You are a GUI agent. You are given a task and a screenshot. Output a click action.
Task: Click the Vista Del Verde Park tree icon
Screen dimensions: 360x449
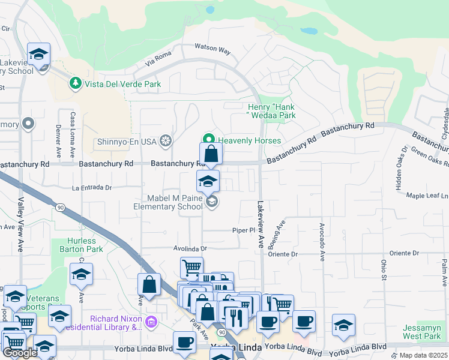coord(76,83)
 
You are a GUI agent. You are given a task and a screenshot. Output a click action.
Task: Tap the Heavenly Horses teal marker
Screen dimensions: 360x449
coord(209,140)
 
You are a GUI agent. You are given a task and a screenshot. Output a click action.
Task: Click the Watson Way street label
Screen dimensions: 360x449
coord(212,49)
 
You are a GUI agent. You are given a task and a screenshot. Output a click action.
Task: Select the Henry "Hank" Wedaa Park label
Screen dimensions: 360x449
coord(272,111)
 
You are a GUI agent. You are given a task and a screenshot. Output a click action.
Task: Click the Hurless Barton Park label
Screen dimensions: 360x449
coord(82,245)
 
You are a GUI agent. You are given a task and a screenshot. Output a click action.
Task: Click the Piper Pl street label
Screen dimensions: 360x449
coord(244,230)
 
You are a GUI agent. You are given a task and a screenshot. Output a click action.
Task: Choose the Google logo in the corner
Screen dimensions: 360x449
coord(20,353)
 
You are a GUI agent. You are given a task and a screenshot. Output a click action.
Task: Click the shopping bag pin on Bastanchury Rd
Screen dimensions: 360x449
coord(211,155)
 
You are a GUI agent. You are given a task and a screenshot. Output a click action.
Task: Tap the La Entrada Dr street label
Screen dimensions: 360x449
coord(92,187)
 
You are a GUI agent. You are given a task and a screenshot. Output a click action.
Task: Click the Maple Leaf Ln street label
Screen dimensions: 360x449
coord(427,196)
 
